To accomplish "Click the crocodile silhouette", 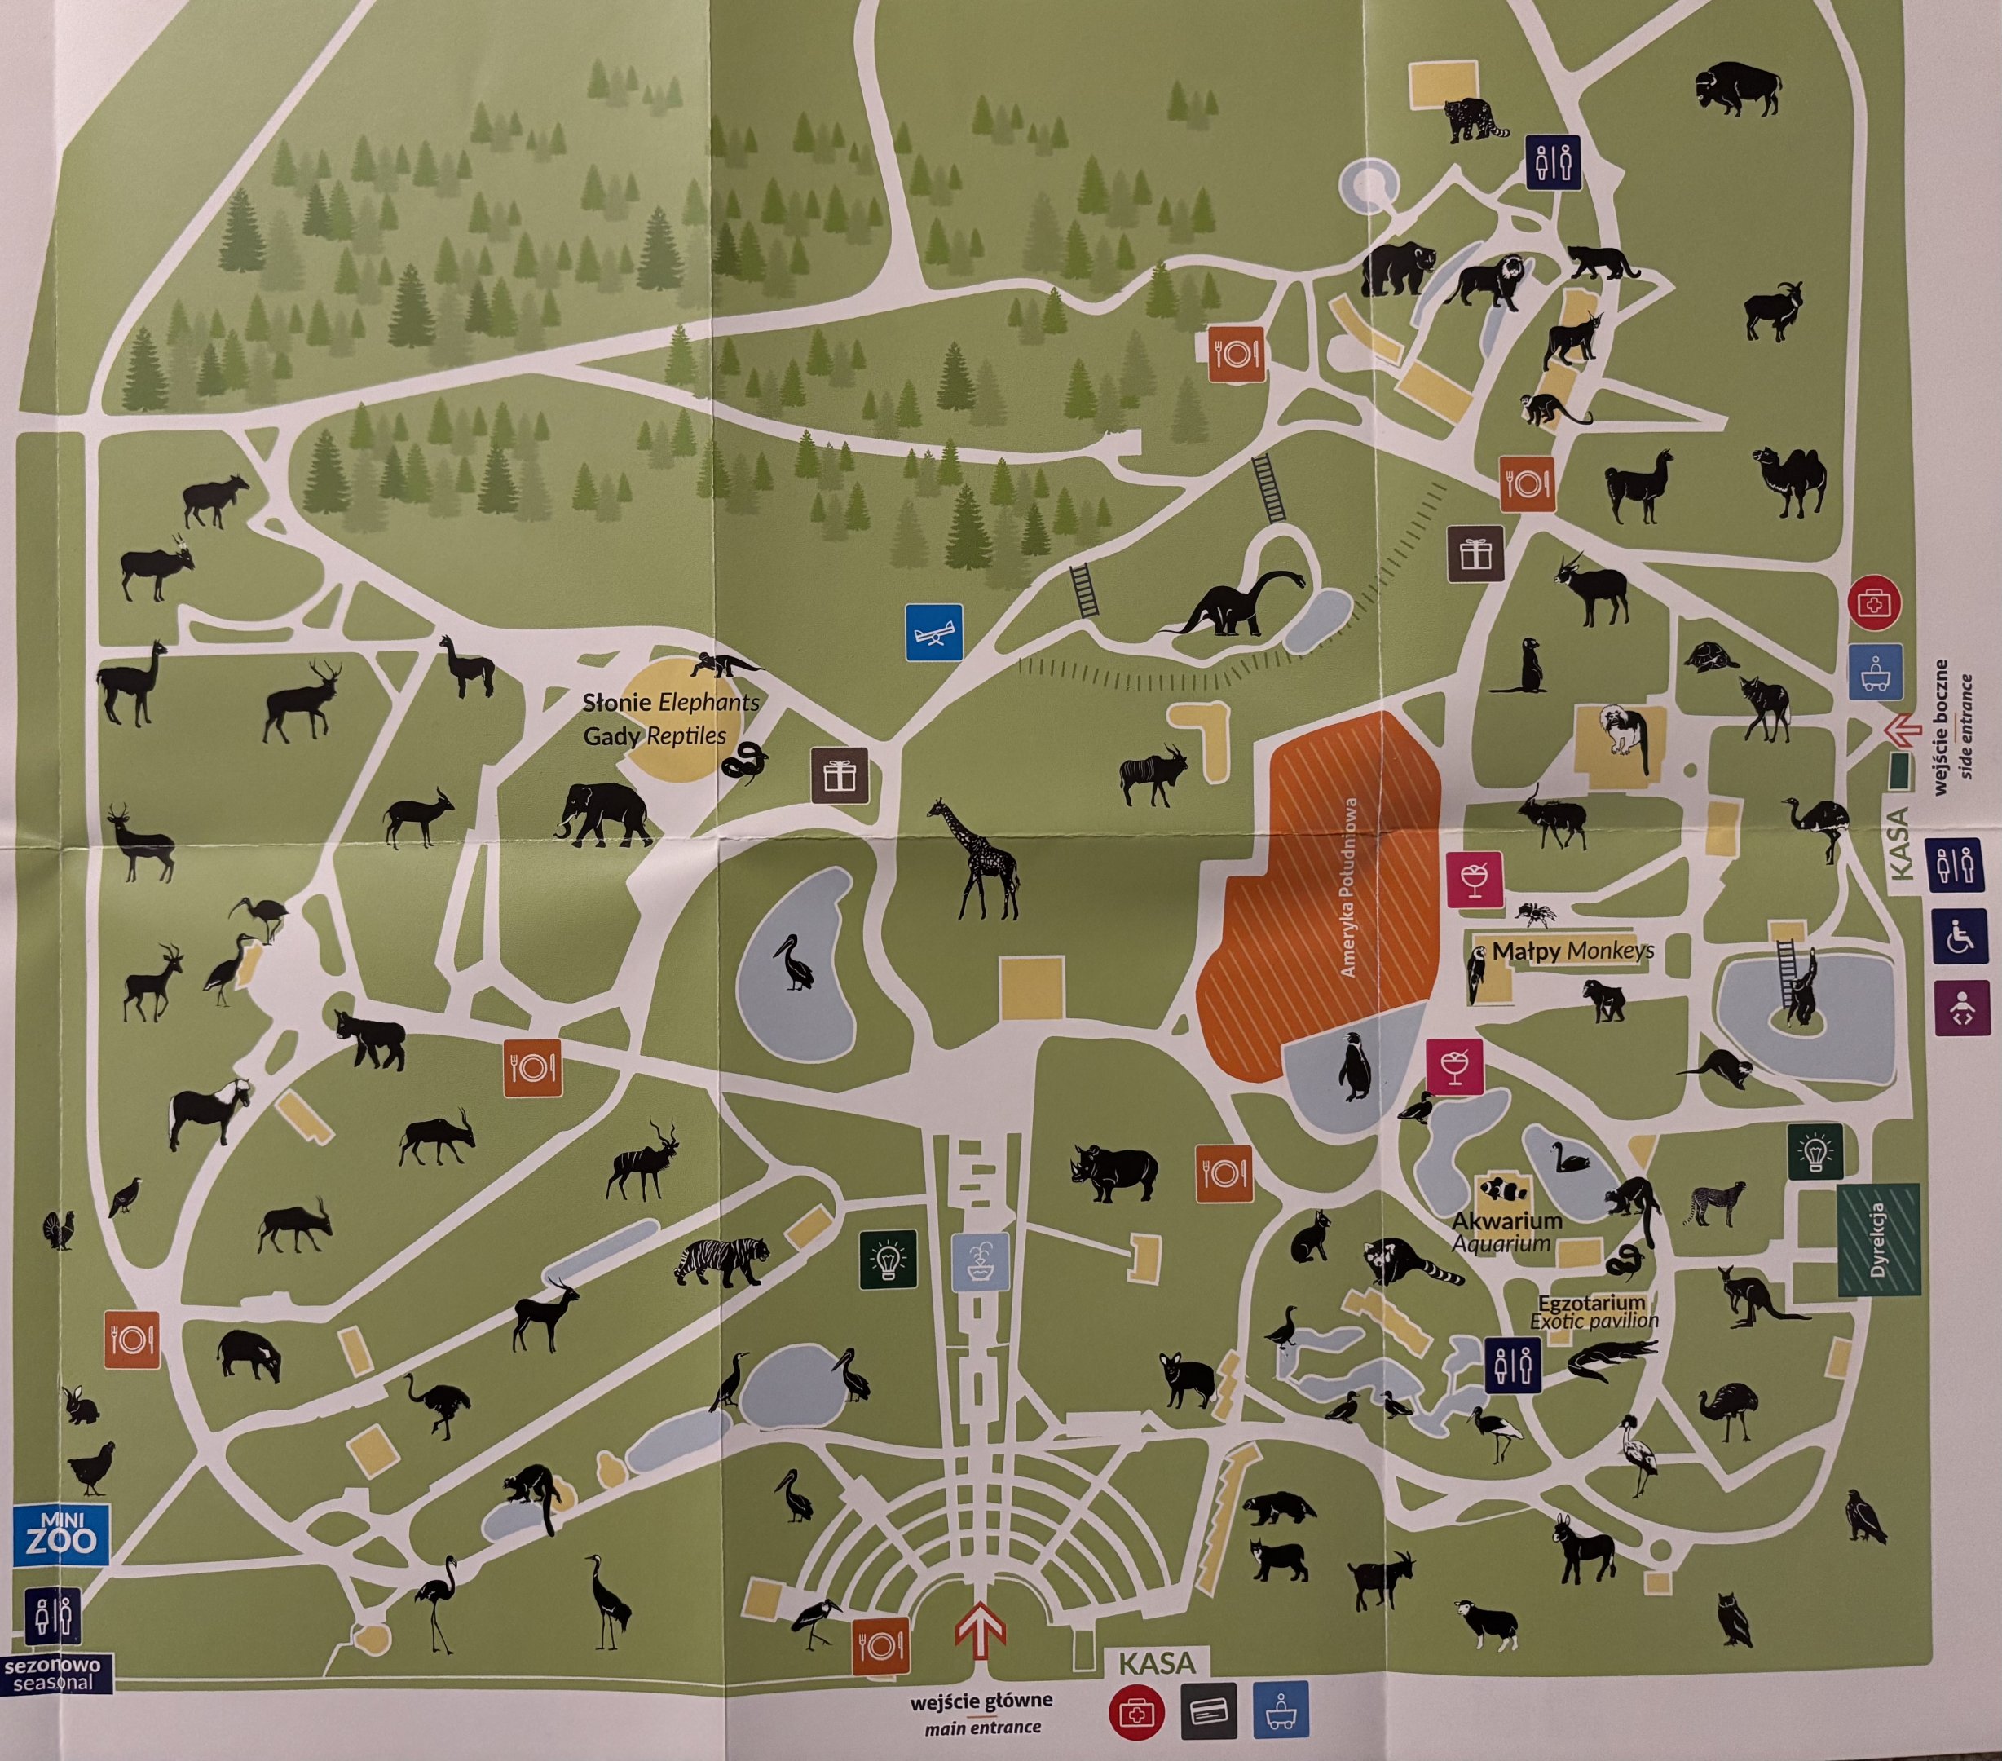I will point(1609,1361).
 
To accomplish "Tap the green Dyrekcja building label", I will point(1877,1240).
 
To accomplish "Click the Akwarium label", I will point(1506,1221).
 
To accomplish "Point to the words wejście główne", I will point(981,1701).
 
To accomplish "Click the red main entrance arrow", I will point(981,1630).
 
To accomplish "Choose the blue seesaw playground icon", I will point(933,632).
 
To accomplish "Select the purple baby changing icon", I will point(1963,1008).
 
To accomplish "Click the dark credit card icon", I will point(1208,1712).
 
